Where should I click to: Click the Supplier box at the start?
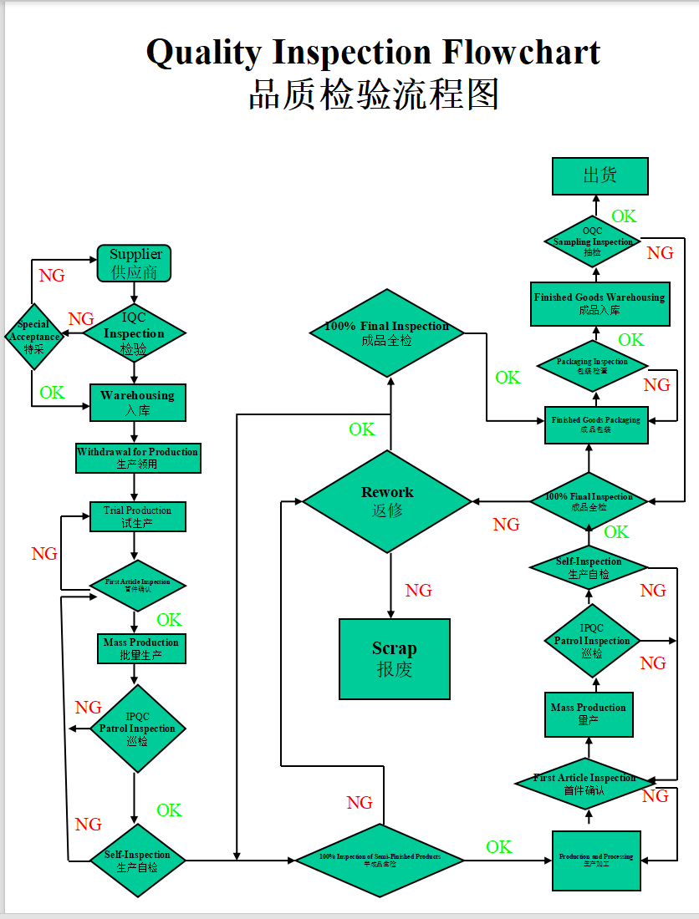point(134,263)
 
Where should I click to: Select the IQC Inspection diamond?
point(134,333)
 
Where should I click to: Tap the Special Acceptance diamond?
point(34,337)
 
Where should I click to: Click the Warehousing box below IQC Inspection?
point(137,402)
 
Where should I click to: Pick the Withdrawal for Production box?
point(138,457)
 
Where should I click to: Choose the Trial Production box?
point(137,516)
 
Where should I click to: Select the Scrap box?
point(394,658)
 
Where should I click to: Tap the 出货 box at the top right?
point(600,176)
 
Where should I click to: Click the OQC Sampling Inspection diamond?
point(593,241)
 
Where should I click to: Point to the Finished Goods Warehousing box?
point(600,303)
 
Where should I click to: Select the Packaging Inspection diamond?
point(593,365)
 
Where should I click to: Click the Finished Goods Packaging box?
point(595,424)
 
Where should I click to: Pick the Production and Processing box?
point(596,861)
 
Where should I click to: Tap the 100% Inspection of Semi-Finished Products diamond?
point(380,860)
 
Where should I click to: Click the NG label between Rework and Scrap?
point(418,591)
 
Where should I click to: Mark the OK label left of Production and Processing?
point(498,846)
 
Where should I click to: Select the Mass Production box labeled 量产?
point(588,713)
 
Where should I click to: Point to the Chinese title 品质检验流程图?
point(373,94)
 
